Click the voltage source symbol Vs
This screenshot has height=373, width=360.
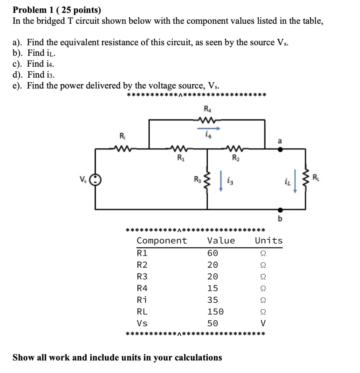pos(95,179)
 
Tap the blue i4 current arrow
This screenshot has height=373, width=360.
pos(209,128)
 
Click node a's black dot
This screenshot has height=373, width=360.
pos(280,149)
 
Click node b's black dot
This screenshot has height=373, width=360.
pos(280,210)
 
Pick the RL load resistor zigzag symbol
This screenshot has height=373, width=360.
pos(305,179)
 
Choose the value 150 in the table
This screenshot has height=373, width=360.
pos(215,312)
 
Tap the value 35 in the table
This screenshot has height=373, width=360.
pos(213,300)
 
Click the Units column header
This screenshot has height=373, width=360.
pos(269,240)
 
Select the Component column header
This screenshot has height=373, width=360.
pos(162,241)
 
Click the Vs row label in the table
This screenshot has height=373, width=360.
pos(142,323)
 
